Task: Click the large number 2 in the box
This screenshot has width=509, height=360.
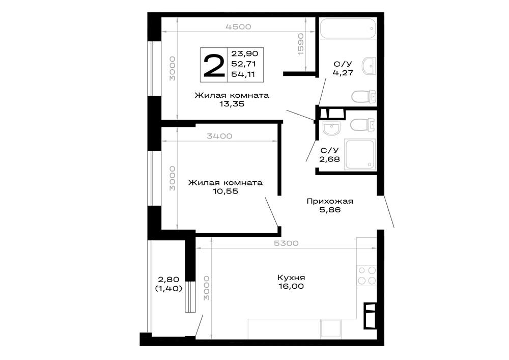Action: [x=214, y=66]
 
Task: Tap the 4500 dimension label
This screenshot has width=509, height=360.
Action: [x=238, y=27]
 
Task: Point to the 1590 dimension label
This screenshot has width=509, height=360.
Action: [x=301, y=44]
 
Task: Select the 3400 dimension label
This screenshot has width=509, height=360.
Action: [x=219, y=136]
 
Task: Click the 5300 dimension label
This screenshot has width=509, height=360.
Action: [x=286, y=243]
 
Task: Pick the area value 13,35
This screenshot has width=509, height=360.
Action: [x=232, y=104]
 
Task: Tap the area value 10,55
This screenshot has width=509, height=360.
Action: [x=225, y=191]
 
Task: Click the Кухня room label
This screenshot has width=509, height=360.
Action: [x=291, y=278]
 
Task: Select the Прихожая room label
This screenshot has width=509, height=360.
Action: [x=330, y=201]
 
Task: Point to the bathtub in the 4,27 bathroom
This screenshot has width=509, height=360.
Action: [x=348, y=29]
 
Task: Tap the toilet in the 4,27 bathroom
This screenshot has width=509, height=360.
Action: [x=363, y=96]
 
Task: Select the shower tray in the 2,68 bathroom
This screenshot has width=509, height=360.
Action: [x=360, y=154]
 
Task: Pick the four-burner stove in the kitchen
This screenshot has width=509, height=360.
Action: [x=366, y=275]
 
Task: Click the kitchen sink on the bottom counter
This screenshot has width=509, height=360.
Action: [x=331, y=329]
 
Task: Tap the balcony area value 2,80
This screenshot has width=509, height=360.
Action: [x=168, y=279]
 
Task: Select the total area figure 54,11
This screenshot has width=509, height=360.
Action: [x=243, y=74]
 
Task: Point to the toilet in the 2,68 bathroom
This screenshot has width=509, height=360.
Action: [x=363, y=124]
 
